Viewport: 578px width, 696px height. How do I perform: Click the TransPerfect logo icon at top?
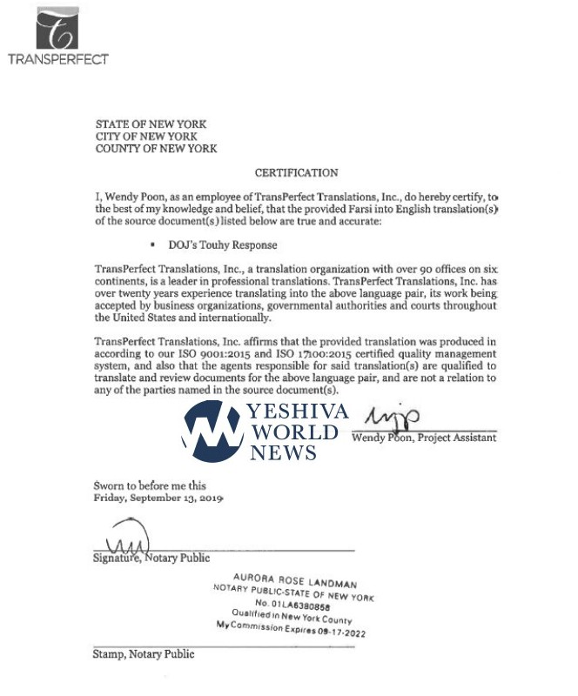click(x=57, y=29)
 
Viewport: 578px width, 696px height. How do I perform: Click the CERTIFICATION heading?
click(x=296, y=173)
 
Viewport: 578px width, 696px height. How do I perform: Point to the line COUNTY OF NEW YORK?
click(x=157, y=149)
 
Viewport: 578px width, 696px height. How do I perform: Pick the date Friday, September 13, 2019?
click(x=158, y=499)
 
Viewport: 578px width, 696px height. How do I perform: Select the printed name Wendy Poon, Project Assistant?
click(x=424, y=438)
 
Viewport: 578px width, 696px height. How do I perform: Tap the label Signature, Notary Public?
click(x=151, y=558)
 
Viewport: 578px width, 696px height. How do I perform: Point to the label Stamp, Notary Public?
click(x=144, y=653)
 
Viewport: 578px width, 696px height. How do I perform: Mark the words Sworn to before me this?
click(x=150, y=485)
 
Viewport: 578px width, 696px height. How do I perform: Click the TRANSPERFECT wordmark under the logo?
click(x=57, y=60)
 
